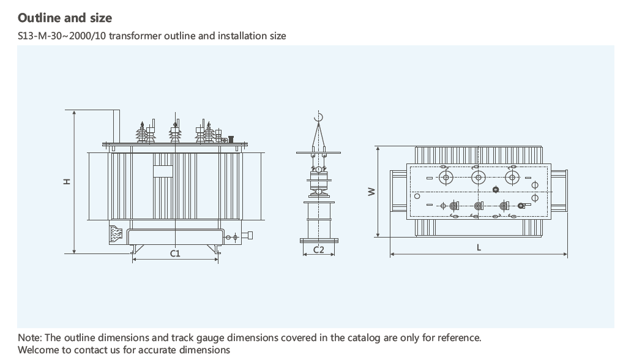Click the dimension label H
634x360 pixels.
67,181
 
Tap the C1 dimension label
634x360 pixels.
175,253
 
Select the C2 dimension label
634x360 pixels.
318,249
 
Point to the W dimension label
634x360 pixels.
371,192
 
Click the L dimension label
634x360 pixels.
479,247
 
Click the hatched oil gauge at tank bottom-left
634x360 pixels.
116,233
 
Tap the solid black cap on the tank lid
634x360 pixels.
231,138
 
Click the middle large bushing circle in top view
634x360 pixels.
478,178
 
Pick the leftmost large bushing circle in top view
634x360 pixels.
446,178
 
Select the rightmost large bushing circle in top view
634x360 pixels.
510,178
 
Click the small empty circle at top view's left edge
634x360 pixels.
417,197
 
